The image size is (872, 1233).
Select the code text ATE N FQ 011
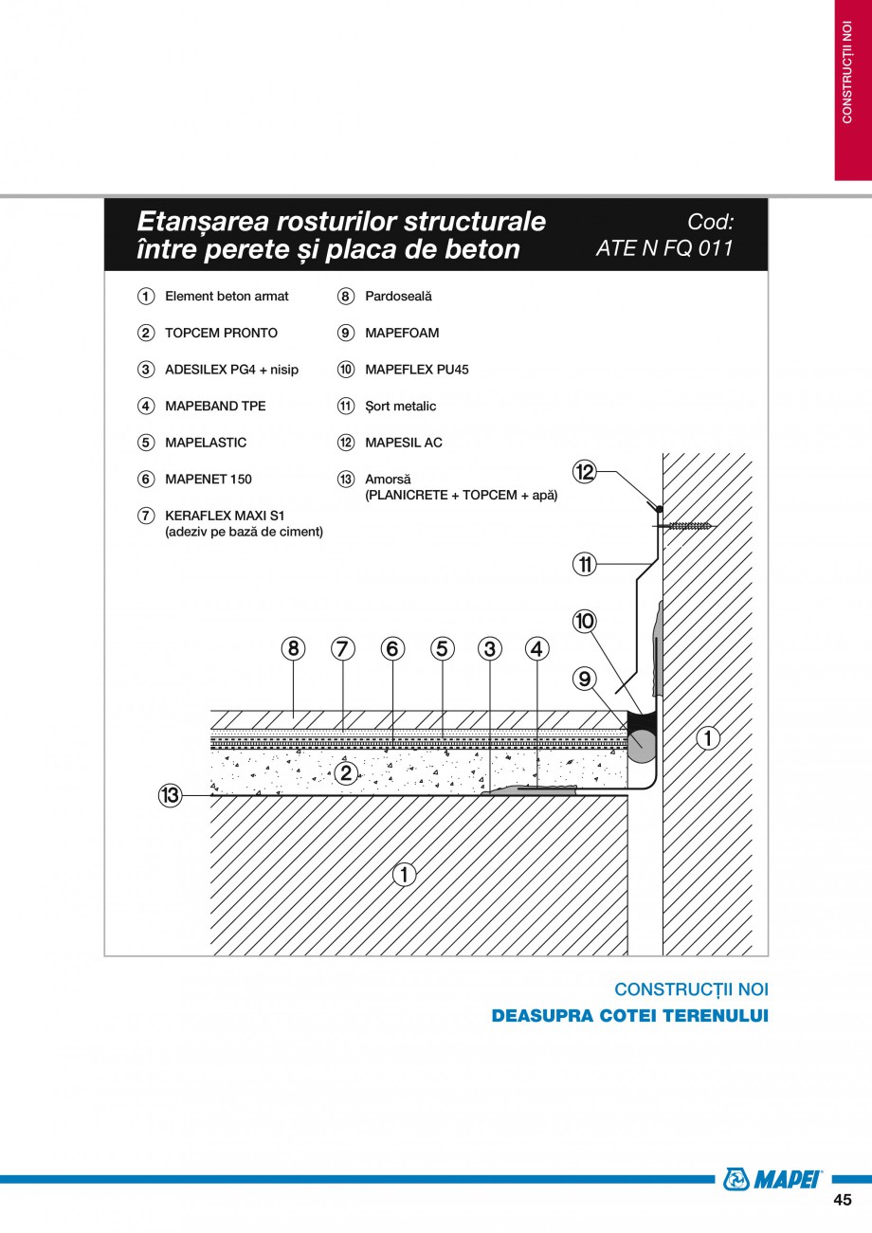coord(664,249)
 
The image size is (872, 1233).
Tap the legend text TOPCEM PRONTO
coord(221,333)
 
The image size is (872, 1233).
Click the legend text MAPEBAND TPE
coord(215,406)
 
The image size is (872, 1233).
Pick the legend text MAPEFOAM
coord(402,333)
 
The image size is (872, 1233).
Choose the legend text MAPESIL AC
coord(403,443)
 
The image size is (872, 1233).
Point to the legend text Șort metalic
coord(400,406)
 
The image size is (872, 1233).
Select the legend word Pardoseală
coord(398,297)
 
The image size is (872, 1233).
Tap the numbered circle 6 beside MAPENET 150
coord(145,480)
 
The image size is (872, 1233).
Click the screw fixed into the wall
coord(690,525)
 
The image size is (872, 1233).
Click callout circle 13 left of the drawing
coord(170,796)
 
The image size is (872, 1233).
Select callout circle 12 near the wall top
coord(585,471)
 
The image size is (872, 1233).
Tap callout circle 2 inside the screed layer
coord(346,773)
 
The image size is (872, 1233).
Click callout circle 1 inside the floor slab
coord(404,874)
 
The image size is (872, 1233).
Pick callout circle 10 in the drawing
coord(585,622)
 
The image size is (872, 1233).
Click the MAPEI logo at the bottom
coord(772,1179)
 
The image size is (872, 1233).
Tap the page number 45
coord(842,1200)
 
